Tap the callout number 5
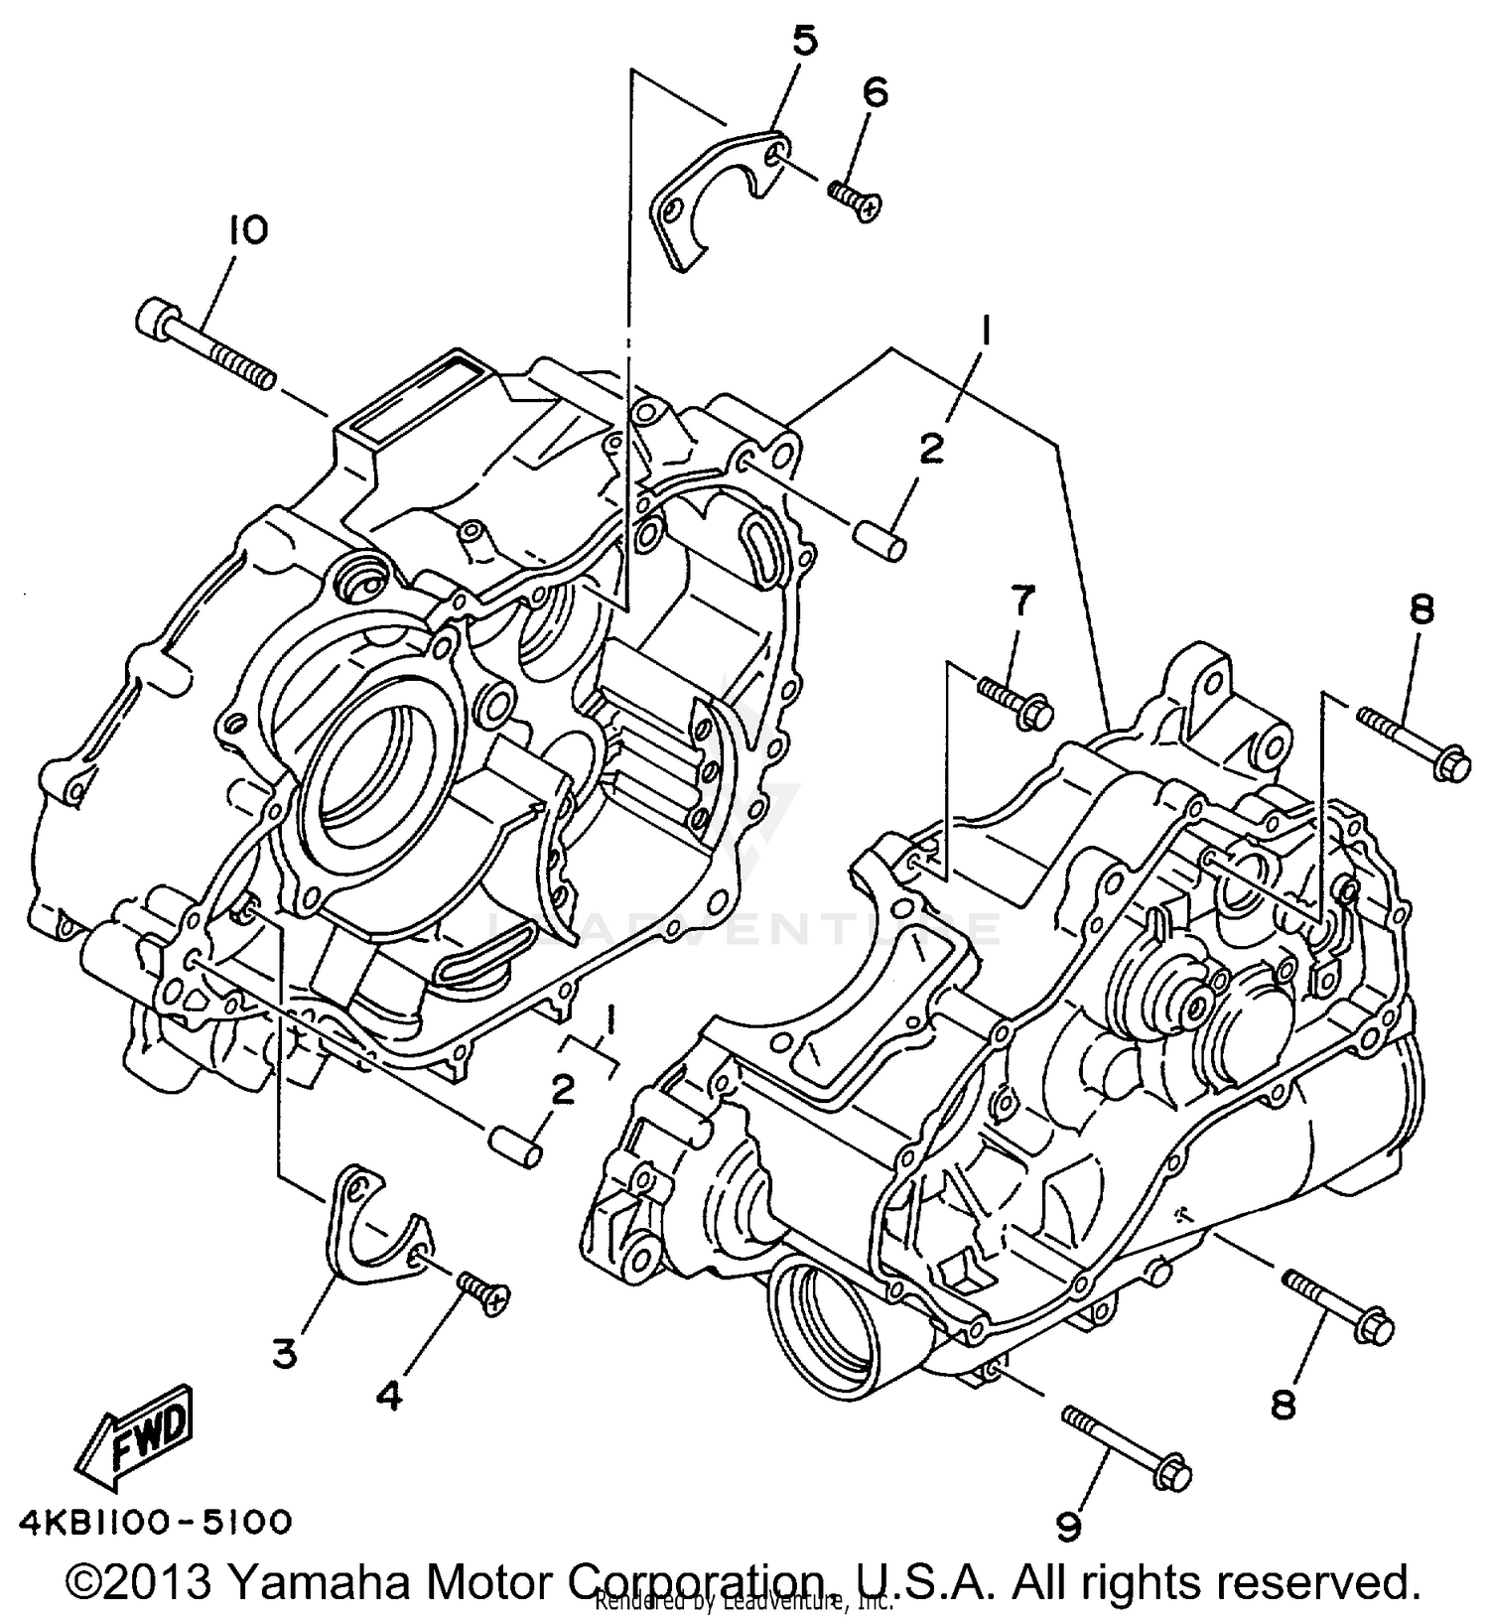pyautogui.click(x=804, y=42)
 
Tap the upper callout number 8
pyautogui.click(x=1421, y=608)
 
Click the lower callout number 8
pyautogui.click(x=1284, y=1404)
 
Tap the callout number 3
pyautogui.click(x=285, y=1353)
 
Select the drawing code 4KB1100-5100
pyautogui.click(x=155, y=1521)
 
